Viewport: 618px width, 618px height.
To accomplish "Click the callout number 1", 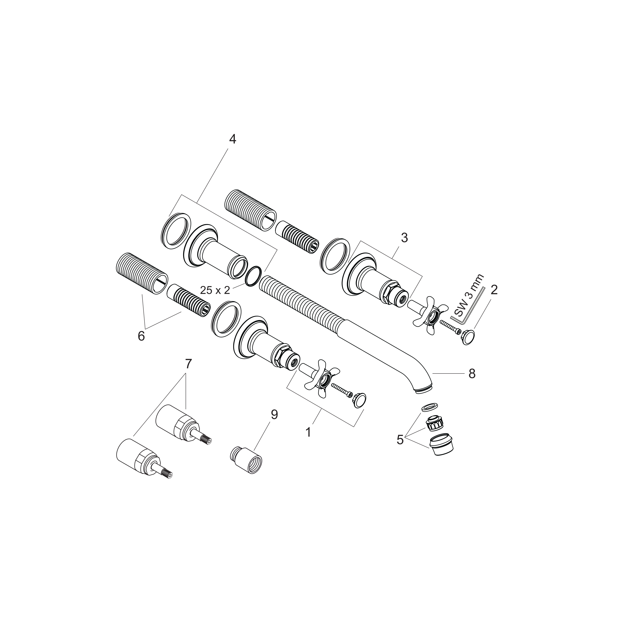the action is tap(308, 432).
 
